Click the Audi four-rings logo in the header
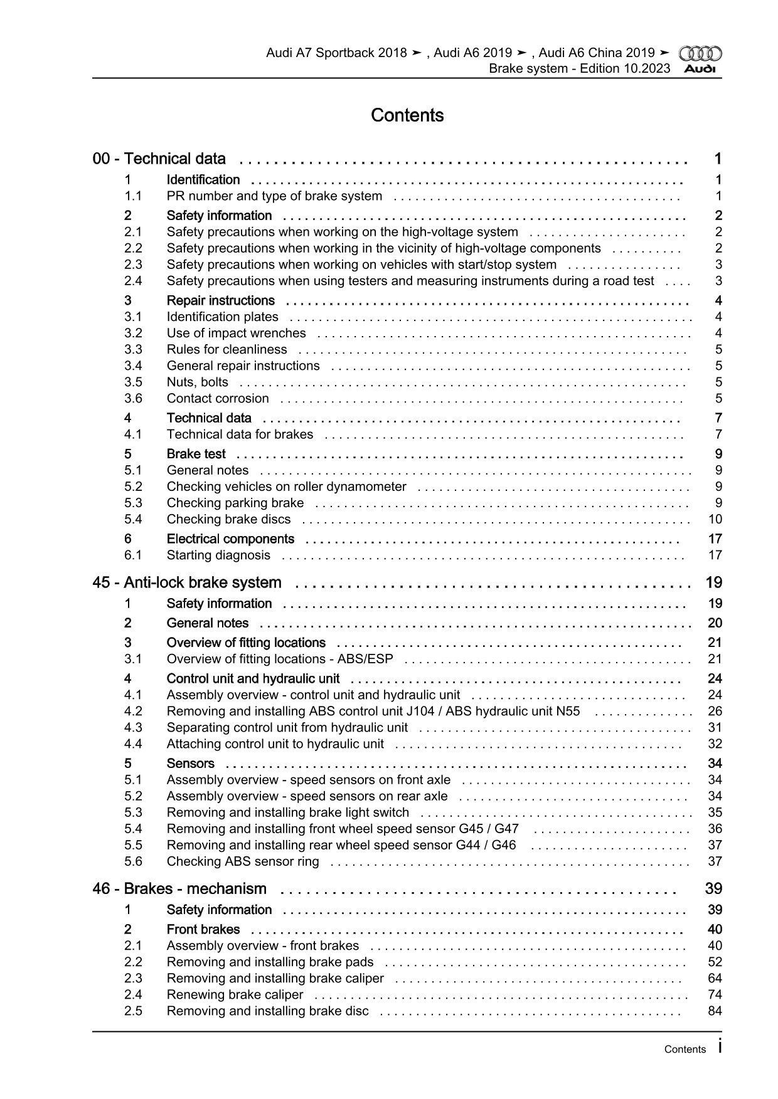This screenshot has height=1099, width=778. (x=700, y=53)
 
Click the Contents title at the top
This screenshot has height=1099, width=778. (x=407, y=115)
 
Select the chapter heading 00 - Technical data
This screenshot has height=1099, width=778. (x=159, y=159)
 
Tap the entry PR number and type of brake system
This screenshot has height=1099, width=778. (x=274, y=196)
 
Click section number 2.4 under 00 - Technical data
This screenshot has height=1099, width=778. (x=133, y=281)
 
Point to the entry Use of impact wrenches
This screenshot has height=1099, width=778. (x=236, y=334)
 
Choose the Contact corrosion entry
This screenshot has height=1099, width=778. (x=218, y=399)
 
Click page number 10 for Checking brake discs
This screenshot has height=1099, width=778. (x=715, y=519)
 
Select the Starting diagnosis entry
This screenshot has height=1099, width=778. (x=218, y=555)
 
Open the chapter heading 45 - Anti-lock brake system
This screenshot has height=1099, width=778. (x=187, y=582)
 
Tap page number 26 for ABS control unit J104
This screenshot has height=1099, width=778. (x=715, y=712)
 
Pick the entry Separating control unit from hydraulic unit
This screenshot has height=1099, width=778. (x=287, y=728)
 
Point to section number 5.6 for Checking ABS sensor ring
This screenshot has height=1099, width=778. (x=133, y=861)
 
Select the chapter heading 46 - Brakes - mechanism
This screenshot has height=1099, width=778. (x=179, y=889)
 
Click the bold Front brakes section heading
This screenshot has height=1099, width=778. (x=203, y=930)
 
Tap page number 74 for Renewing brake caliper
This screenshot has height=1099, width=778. (x=715, y=995)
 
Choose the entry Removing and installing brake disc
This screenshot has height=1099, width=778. (x=267, y=1011)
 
